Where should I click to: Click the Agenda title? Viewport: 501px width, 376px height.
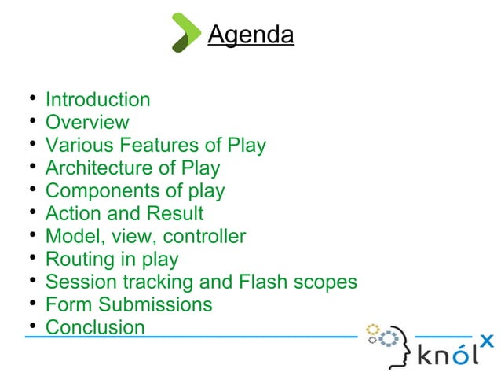click(x=251, y=35)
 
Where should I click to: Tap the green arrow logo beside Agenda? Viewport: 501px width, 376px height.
click(x=186, y=32)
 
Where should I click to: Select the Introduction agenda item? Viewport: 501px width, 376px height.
click(x=97, y=100)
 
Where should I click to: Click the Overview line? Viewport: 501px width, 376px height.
click(x=87, y=123)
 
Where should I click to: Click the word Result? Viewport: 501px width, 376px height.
click(x=174, y=214)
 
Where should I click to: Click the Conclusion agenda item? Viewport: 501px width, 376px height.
click(x=95, y=327)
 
